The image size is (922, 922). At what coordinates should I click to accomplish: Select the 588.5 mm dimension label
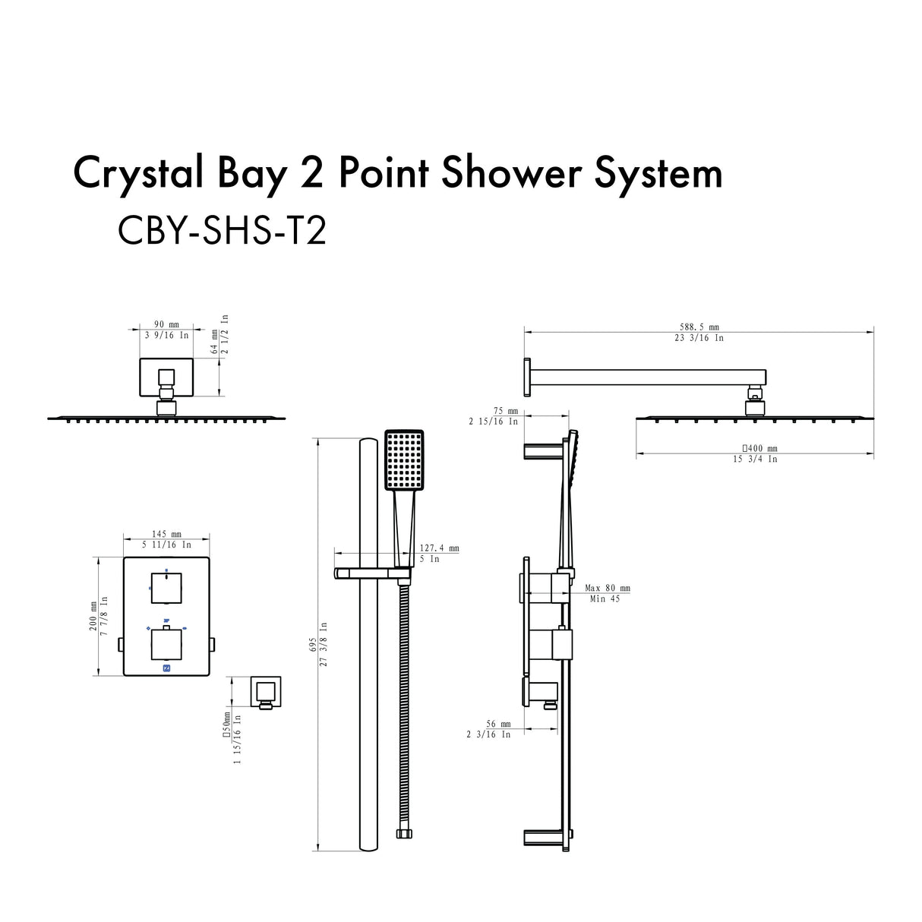696,327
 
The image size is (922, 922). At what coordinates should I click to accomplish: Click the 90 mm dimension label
165,325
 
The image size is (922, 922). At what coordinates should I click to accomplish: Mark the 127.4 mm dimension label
440,548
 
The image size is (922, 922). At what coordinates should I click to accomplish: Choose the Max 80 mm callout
608,588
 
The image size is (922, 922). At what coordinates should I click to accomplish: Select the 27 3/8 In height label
324,644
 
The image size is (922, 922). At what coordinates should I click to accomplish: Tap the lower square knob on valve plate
166,643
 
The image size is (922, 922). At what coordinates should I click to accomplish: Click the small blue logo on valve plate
167,668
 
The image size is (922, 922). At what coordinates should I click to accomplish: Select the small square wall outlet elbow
266,690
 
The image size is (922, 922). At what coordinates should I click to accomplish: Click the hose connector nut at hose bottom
402,834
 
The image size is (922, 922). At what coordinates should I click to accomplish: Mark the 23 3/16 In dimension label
696,338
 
